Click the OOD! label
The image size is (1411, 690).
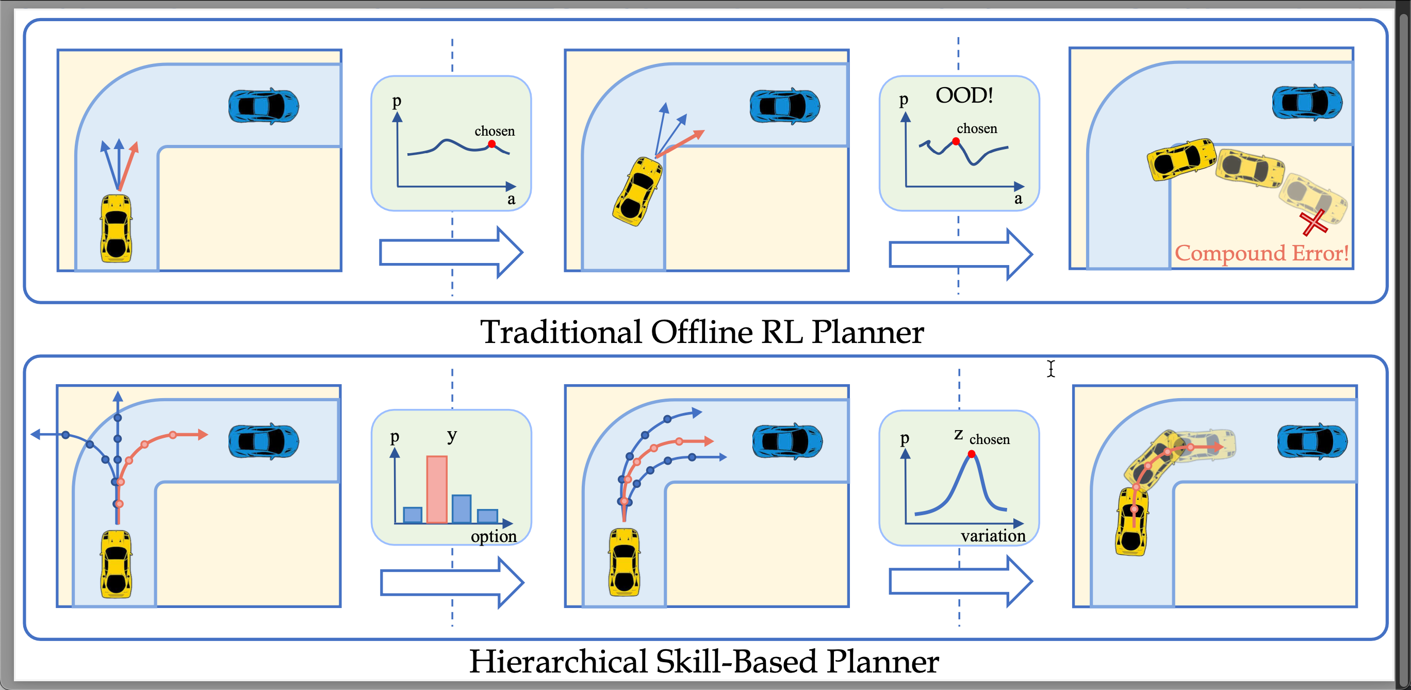964,95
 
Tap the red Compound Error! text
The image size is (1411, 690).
1261,253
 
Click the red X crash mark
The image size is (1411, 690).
1314,222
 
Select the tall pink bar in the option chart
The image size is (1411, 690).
437,489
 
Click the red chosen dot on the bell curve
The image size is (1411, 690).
971,454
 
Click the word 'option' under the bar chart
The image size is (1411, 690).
494,536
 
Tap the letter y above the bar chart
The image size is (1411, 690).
451,435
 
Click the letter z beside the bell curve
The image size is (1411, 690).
958,435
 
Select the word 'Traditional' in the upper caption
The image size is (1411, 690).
561,332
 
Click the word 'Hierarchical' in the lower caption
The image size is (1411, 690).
558,661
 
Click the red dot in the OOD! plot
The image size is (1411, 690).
956,141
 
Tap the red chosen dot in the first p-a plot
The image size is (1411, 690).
492,144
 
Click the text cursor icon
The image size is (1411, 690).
1051,369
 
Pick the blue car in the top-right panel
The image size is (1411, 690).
1307,103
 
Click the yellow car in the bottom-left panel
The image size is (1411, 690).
116,564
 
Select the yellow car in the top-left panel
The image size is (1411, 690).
116,228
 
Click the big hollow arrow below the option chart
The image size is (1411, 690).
452,582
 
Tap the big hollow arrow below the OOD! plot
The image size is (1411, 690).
960,255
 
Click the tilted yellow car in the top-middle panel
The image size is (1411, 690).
637,192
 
